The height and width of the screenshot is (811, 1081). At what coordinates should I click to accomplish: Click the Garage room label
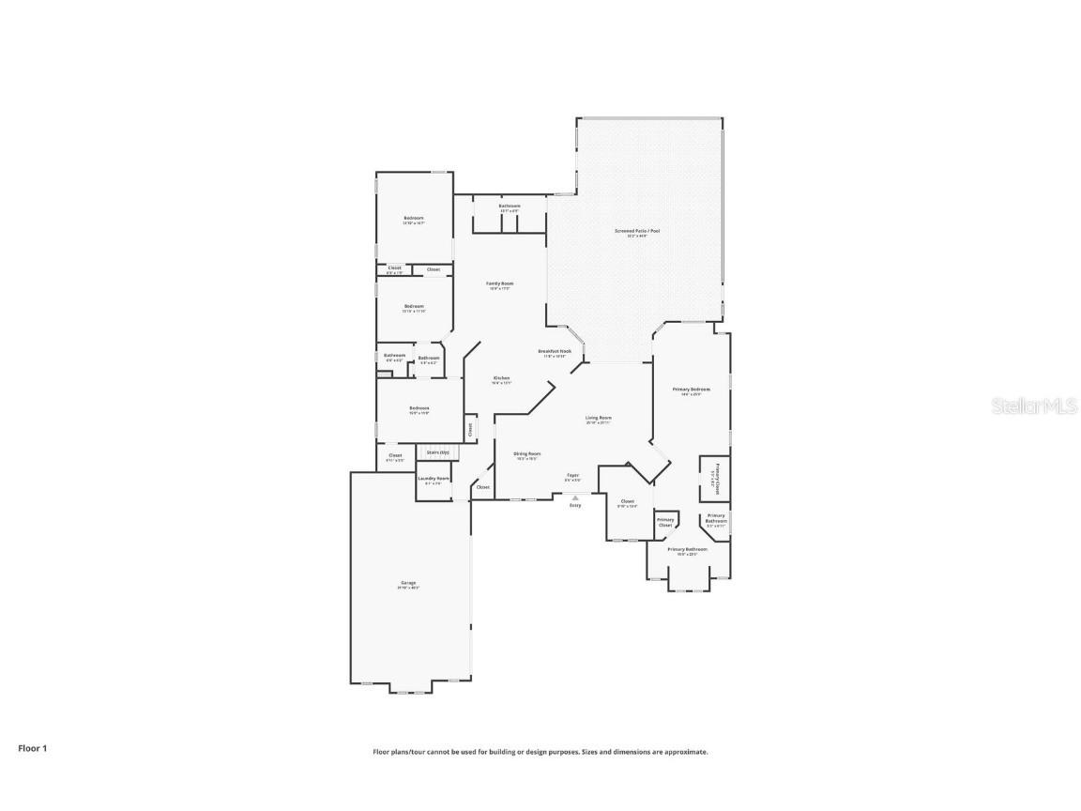(x=408, y=583)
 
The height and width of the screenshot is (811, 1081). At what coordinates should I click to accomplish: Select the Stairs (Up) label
(x=437, y=452)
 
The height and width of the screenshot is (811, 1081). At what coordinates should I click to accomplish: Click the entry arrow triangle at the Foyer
(x=575, y=497)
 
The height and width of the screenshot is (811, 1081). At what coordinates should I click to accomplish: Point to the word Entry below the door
(x=575, y=505)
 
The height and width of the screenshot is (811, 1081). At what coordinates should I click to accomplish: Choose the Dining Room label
(x=526, y=454)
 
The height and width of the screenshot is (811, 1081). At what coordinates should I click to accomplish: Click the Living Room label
(x=599, y=418)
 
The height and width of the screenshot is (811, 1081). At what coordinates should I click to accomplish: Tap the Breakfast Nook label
(x=555, y=351)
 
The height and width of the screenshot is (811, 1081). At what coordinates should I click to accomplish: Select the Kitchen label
(x=501, y=378)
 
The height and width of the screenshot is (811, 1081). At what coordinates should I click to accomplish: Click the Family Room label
(x=499, y=283)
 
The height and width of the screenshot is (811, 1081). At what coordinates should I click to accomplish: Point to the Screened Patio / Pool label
(x=631, y=230)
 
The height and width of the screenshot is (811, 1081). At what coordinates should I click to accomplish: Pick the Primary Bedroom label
(x=691, y=389)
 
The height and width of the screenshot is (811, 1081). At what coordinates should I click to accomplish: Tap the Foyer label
(x=572, y=476)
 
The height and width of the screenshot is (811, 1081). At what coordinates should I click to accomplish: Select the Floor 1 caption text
(x=32, y=748)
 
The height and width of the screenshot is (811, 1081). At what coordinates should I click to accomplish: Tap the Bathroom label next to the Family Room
(x=510, y=206)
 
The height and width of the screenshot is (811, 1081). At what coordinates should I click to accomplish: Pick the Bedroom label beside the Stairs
(x=419, y=407)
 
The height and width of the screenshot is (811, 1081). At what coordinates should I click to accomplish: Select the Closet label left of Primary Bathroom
(x=627, y=501)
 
